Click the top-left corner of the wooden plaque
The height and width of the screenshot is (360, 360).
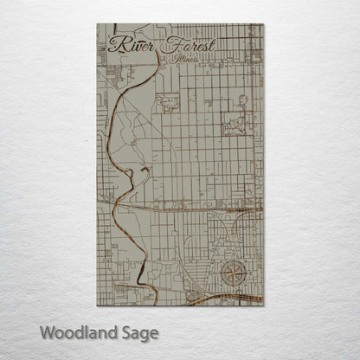coord(97,24)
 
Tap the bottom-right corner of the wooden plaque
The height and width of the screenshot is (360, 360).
coord(264,305)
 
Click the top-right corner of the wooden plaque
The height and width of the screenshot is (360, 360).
coord(264,24)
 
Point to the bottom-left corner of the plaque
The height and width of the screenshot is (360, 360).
coord(97,305)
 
